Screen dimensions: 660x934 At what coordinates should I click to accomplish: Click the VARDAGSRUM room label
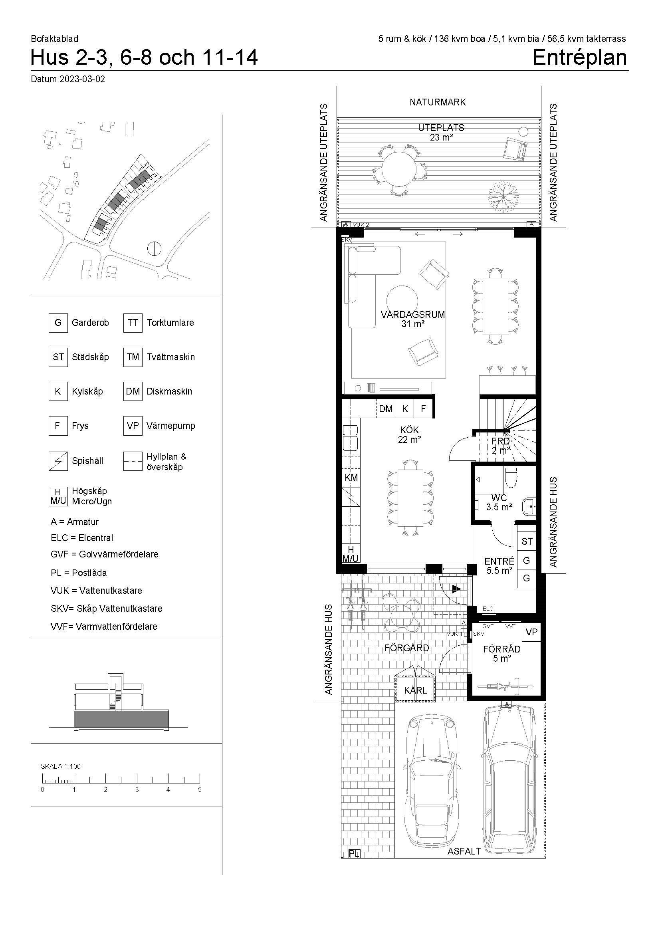pos(413,314)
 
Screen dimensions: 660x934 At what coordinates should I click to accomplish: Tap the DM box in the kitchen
pos(386,409)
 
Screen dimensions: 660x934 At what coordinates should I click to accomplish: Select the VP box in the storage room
pos(531,632)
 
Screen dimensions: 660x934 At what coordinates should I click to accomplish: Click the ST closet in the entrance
pos(527,541)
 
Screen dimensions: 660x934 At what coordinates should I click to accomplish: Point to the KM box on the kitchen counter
pos(351,478)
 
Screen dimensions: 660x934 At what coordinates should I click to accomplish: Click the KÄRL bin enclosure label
pos(415,690)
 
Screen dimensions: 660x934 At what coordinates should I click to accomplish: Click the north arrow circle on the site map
pos(155,248)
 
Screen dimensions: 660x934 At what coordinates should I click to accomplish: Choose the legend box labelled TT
pos(133,323)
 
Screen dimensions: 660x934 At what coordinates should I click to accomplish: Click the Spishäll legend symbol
pos(58,461)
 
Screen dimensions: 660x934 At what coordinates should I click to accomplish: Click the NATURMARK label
pos(438,102)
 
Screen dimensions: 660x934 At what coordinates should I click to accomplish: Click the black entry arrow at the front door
pos(456,588)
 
